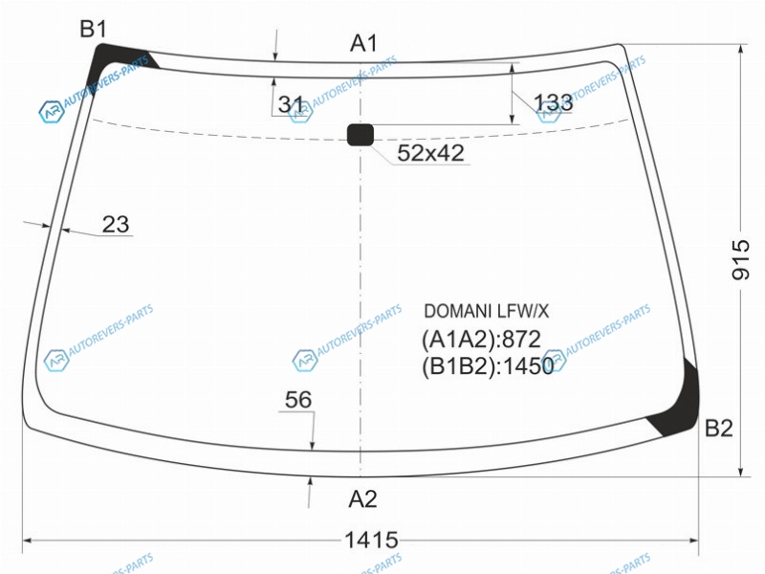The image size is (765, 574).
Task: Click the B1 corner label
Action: pos(93,30)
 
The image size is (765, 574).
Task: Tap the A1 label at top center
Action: pos(363,43)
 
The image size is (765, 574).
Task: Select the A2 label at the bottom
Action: pos(362,499)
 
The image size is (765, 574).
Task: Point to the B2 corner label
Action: pos(719,428)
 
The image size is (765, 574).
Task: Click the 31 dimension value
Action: pos(292,104)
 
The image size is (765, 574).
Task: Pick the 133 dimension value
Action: pos(554,102)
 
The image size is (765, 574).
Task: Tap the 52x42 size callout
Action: pos(430,153)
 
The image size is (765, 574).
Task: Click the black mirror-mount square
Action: pos(361,135)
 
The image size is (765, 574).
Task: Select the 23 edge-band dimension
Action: pos(116,225)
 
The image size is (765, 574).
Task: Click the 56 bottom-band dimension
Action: pos(297,400)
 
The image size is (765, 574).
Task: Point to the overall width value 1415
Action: pos(371,541)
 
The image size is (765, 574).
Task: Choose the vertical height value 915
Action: pos(740,259)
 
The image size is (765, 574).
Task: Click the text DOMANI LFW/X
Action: pos(486,312)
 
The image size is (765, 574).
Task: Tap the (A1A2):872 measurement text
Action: pos(481,339)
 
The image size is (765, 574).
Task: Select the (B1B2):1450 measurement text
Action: pos(488,366)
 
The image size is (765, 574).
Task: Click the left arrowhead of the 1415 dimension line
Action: pos(28,541)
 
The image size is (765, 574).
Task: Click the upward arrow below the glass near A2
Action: pos(309,492)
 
